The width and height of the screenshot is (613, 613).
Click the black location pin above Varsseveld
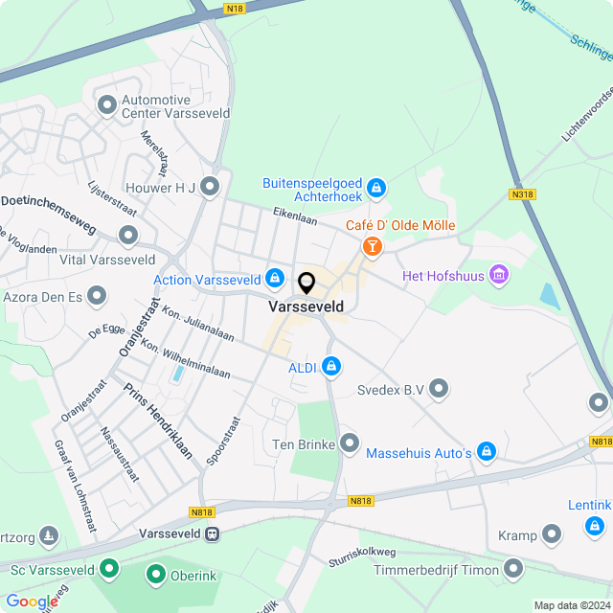click(306, 284)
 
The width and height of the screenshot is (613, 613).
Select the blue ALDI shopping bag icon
click(331, 366)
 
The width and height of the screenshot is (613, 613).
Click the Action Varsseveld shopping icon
click(275, 279)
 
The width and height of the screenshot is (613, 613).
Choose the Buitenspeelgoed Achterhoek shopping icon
click(376, 187)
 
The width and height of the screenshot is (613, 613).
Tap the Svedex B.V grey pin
click(440, 389)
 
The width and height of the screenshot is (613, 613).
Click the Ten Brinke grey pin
click(350, 443)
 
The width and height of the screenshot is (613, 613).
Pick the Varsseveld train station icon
click(213, 534)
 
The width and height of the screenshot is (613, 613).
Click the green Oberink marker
click(156, 574)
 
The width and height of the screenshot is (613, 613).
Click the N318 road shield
click(522, 194)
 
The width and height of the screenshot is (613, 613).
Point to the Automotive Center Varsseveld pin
click(106, 102)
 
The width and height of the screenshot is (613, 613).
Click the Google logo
click(31, 601)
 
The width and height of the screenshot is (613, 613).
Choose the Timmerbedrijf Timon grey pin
click(514, 570)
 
